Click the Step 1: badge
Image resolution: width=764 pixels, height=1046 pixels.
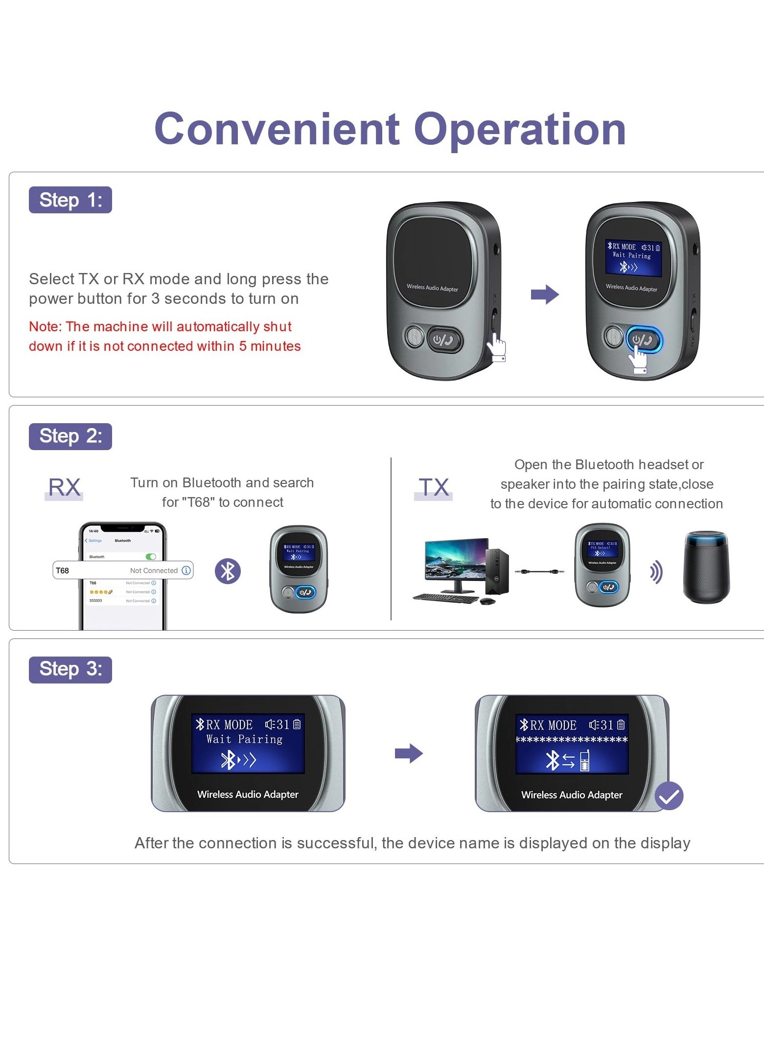70,200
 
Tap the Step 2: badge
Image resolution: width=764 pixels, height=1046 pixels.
70,436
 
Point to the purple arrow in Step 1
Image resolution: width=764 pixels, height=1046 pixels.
544,294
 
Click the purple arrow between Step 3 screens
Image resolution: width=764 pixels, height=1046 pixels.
408,753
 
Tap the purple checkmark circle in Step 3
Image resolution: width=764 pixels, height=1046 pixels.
669,796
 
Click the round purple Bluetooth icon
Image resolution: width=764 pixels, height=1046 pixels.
228,571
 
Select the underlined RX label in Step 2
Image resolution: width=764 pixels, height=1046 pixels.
64,487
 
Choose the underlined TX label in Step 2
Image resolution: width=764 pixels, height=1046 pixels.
434,487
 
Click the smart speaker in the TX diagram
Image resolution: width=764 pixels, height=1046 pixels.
706,568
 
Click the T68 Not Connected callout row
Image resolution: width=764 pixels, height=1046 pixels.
123,570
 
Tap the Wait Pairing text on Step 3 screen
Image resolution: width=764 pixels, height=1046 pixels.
244,739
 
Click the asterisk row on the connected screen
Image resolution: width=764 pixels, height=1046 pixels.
571,739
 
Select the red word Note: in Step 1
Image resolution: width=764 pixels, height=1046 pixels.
45,326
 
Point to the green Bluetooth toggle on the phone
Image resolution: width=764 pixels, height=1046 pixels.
151,557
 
